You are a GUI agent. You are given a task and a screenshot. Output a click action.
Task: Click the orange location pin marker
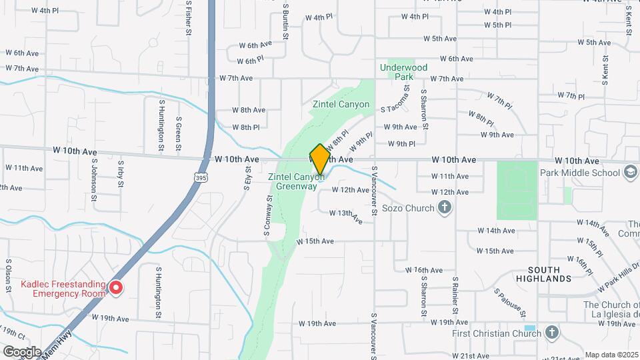click(320, 159)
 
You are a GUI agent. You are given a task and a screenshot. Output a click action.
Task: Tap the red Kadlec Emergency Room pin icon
click(116, 288)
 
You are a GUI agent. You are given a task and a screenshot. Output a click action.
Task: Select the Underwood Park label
click(403, 72)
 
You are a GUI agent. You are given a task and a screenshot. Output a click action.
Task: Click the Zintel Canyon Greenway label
click(296, 181)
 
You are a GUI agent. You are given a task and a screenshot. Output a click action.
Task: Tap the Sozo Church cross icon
click(445, 208)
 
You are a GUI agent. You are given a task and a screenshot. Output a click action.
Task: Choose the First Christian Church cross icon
click(551, 332)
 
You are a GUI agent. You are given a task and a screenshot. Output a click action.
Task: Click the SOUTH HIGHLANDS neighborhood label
click(549, 273)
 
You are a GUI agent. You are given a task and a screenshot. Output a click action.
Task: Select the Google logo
click(22, 351)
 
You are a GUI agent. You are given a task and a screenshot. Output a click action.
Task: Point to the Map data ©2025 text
click(611, 355)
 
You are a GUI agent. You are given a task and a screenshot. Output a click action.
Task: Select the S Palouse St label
click(511, 302)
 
